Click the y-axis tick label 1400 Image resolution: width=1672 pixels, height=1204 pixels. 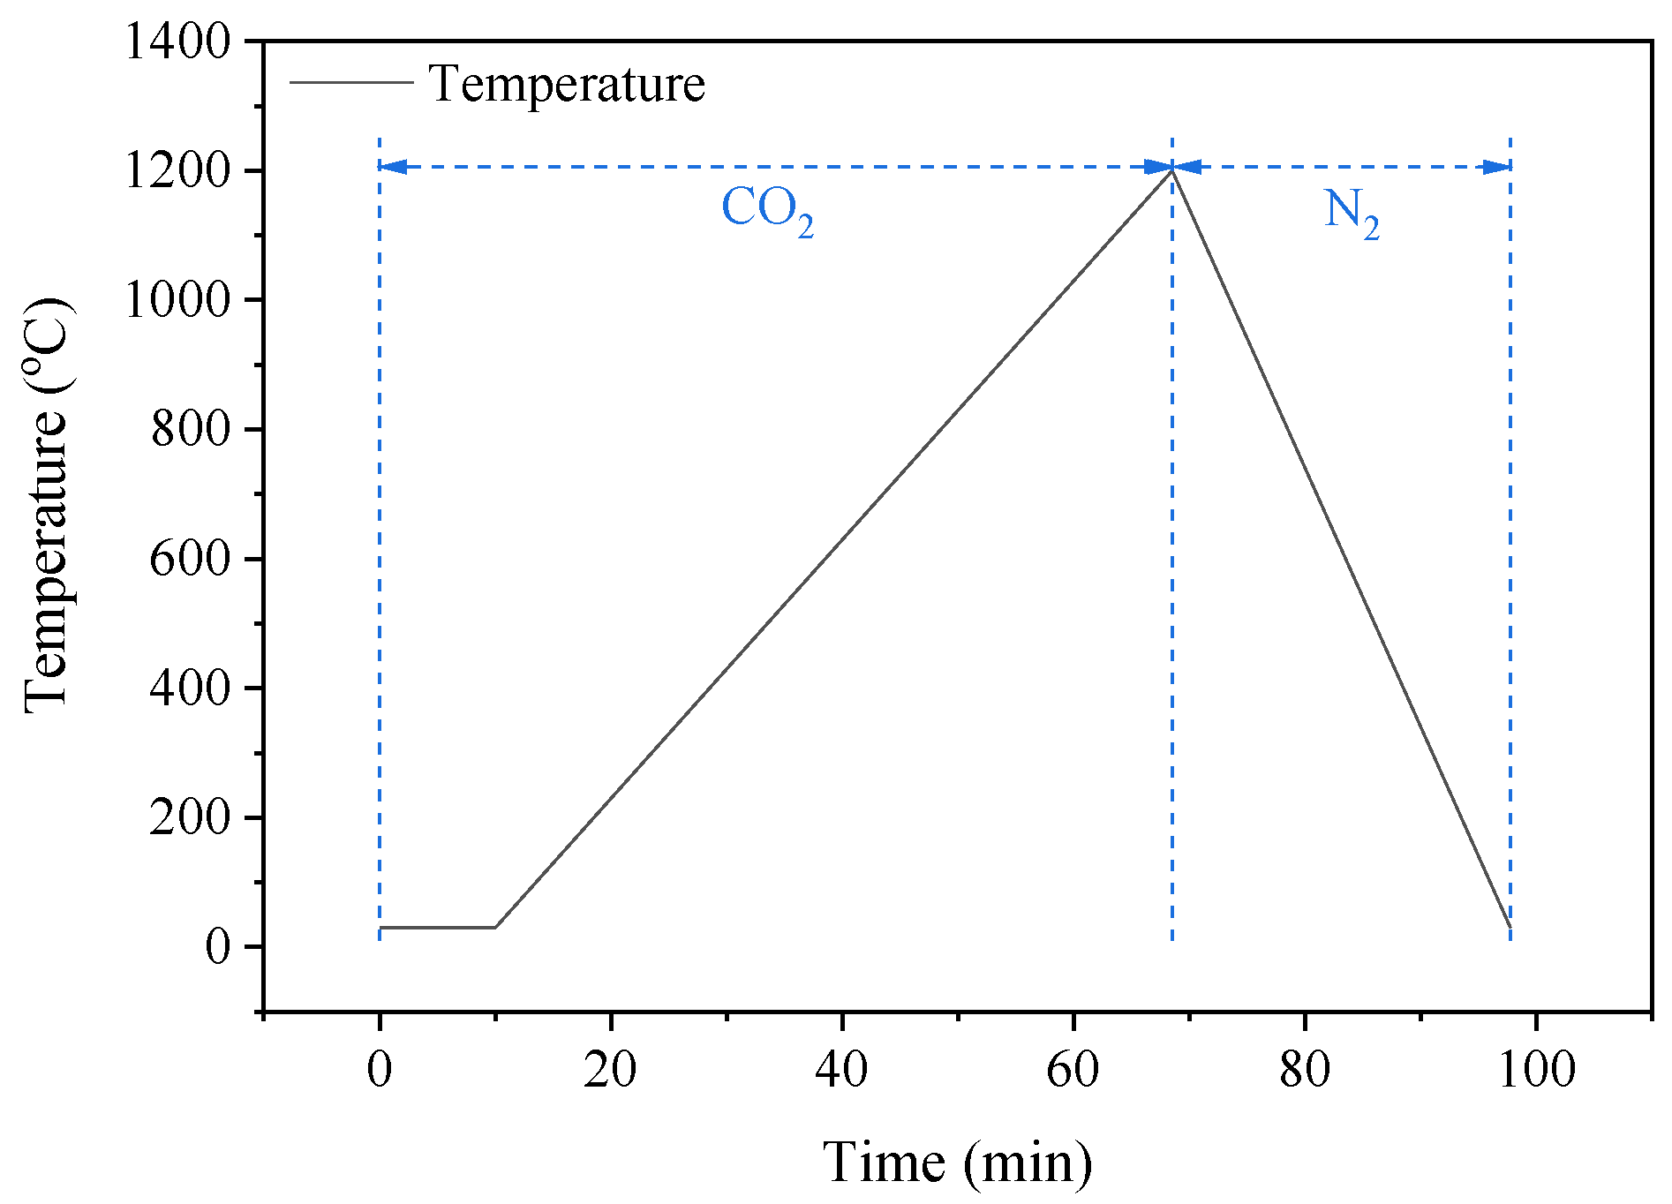(x=177, y=41)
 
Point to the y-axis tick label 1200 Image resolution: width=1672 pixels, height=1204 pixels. (x=177, y=170)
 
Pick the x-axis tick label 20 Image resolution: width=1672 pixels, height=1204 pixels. (x=610, y=1069)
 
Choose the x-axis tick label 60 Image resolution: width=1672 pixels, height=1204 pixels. (x=1073, y=1069)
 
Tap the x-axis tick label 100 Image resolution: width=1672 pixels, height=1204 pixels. (x=1537, y=1069)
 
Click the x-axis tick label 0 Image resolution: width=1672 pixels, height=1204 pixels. (x=380, y=1069)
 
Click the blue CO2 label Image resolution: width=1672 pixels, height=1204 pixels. (x=766, y=210)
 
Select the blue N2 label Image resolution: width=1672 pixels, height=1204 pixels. (x=1351, y=212)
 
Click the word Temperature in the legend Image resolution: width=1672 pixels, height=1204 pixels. (x=567, y=84)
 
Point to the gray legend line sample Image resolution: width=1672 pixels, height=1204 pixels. (x=351, y=82)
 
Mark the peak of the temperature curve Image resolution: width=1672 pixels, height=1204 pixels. (x=1171, y=169)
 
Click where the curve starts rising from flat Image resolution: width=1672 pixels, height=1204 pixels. (x=495, y=927)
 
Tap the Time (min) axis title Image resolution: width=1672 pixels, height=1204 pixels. (x=958, y=1163)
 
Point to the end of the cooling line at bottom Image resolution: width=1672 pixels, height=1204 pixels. (x=1510, y=927)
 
